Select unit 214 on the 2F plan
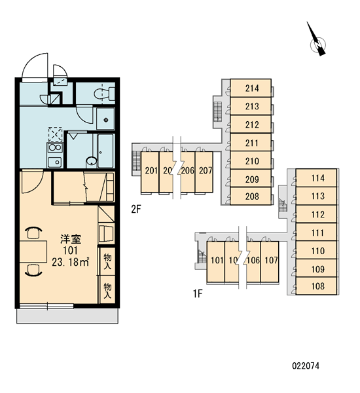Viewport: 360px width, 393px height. (x=251, y=88)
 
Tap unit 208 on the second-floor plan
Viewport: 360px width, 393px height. (x=251, y=196)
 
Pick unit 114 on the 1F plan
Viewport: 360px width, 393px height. (x=316, y=178)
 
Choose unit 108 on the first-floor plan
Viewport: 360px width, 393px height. (x=316, y=286)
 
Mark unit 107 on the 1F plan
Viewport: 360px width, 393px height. (x=270, y=261)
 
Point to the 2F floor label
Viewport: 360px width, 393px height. (x=136, y=209)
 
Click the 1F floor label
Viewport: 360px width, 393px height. (x=198, y=293)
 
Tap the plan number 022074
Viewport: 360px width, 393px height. (x=306, y=366)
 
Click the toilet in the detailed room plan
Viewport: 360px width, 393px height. (x=105, y=93)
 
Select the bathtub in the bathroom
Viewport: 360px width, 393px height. (x=106, y=151)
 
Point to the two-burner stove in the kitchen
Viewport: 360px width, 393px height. (x=55, y=147)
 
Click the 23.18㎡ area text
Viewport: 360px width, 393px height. (x=71, y=262)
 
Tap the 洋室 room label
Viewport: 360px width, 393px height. (x=71, y=239)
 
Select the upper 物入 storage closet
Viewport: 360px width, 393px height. (x=107, y=261)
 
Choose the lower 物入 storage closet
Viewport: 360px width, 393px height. (x=107, y=290)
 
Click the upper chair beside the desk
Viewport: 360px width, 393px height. (x=33, y=233)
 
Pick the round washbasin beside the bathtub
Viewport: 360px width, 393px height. (x=92, y=161)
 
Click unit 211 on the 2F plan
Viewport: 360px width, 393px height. (x=251, y=142)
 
